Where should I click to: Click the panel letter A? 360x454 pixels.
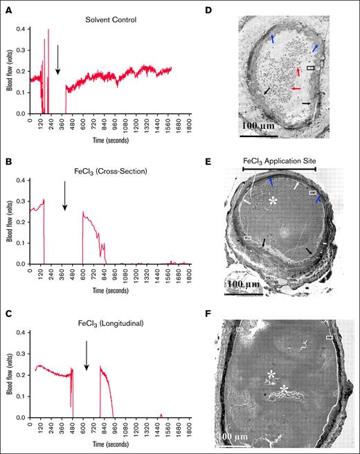pos(6,6)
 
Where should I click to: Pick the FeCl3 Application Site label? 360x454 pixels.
pos(280,160)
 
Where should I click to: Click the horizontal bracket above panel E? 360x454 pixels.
pos(279,168)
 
